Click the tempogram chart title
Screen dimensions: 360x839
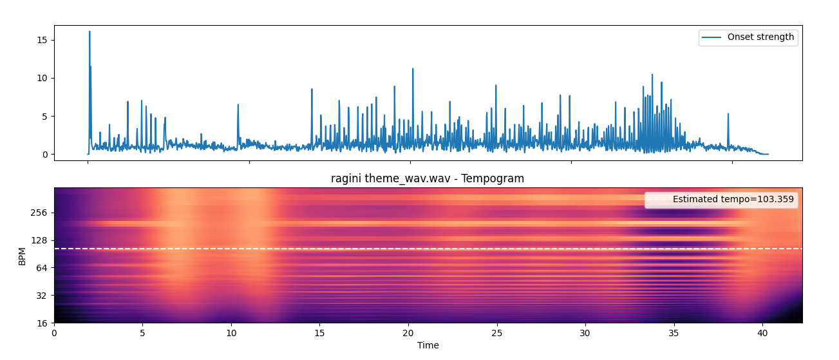coord(428,178)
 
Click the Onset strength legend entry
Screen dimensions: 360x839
coord(760,37)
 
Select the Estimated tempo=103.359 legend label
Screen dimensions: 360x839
coord(733,200)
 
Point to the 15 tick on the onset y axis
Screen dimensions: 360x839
coord(42,41)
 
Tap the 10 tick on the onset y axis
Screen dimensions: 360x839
coord(42,79)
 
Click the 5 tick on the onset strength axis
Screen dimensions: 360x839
coord(44,117)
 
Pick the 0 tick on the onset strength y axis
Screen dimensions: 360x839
coord(44,155)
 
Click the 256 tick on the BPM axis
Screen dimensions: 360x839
coord(39,213)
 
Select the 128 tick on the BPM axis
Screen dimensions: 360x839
coord(39,240)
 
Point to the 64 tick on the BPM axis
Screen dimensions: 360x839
coord(41,268)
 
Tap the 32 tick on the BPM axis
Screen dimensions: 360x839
coord(41,296)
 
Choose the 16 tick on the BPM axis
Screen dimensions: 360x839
coord(41,323)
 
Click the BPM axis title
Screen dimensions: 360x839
coord(22,255)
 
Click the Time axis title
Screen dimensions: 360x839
coord(428,346)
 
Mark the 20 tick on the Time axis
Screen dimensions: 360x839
coord(408,333)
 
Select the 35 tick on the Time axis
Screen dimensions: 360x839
coord(674,333)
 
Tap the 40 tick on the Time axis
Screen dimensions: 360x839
coord(762,333)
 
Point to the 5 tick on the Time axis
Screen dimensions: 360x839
coord(143,333)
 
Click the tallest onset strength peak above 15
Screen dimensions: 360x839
coord(90,32)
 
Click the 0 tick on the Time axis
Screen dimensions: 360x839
coord(54,333)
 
